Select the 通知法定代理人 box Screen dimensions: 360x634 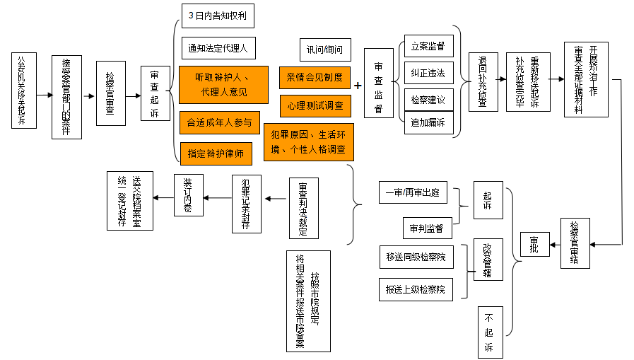click(x=218, y=48)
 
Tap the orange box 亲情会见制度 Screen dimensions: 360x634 click(x=315, y=77)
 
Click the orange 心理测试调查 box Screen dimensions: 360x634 click(x=315, y=105)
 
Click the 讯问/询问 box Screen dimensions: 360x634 click(x=324, y=50)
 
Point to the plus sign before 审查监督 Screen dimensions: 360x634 click(x=358, y=86)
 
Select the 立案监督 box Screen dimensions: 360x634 click(x=428, y=47)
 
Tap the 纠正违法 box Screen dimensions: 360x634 click(x=428, y=73)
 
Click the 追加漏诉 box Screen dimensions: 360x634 click(x=428, y=122)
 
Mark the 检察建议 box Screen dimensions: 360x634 click(x=428, y=98)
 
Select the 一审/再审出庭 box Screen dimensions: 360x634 click(x=413, y=192)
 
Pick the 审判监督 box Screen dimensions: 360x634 click(x=426, y=228)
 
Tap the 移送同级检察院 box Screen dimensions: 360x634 click(x=416, y=257)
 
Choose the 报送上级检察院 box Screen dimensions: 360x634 click(x=416, y=289)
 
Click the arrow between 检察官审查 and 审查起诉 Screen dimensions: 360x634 click(x=133, y=95)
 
